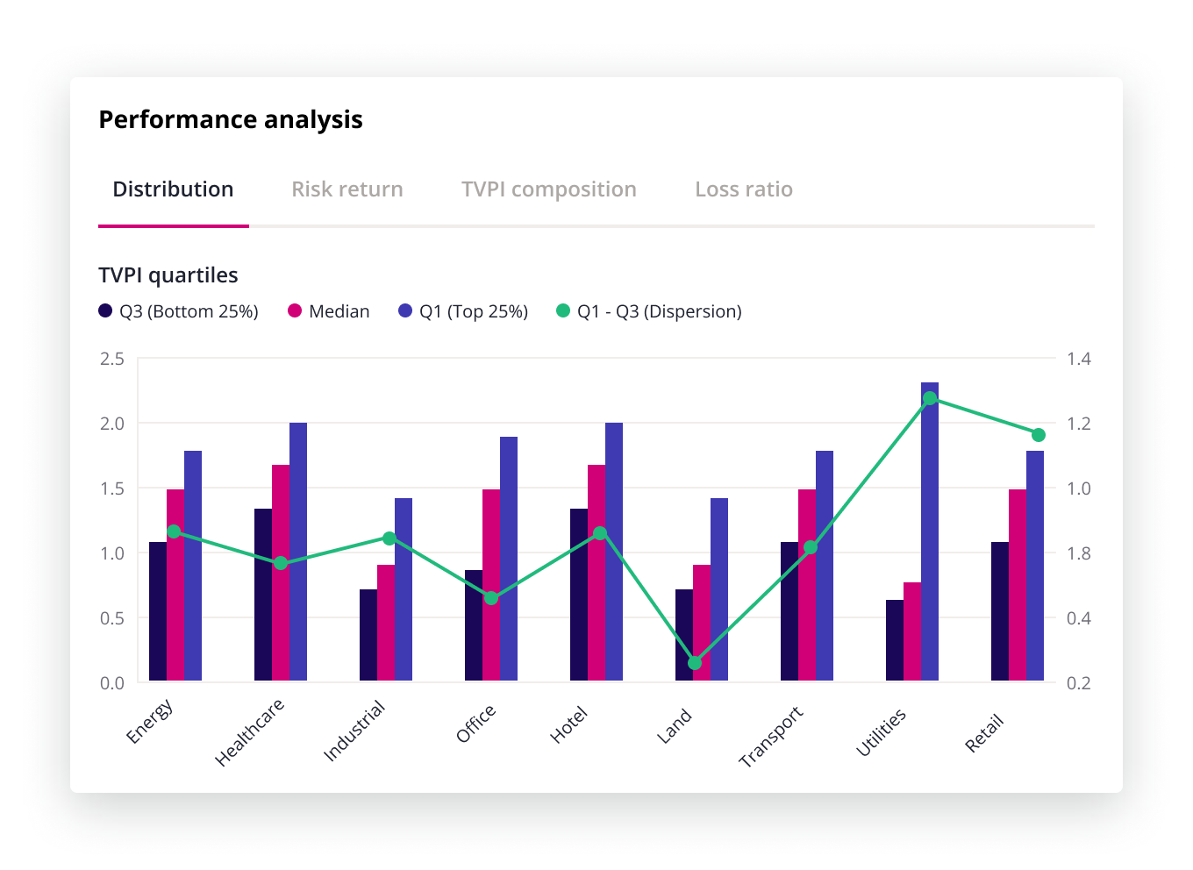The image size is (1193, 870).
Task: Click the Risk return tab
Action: (347, 189)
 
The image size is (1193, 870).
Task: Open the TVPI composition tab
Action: (549, 189)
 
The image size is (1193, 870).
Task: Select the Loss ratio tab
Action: (744, 189)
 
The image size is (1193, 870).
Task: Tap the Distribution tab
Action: (174, 189)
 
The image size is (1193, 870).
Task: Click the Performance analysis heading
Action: (231, 119)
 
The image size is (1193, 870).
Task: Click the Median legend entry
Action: (330, 311)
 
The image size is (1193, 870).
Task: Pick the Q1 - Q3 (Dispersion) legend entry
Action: (649, 311)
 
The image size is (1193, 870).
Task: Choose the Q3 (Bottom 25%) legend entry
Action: (179, 311)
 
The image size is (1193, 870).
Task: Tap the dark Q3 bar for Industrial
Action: (368, 635)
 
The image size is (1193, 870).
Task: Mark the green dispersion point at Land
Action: (695, 663)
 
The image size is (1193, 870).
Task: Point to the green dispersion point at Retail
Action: (1039, 435)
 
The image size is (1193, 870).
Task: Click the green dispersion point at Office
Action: (491, 598)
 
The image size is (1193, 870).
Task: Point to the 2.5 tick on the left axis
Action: (112, 359)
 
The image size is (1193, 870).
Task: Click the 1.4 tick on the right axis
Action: (1079, 359)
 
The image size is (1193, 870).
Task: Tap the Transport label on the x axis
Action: (772, 737)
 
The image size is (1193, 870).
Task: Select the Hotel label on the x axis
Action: (569, 726)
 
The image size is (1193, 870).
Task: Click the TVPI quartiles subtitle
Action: (168, 275)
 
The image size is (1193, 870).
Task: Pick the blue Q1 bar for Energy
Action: (193, 566)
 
